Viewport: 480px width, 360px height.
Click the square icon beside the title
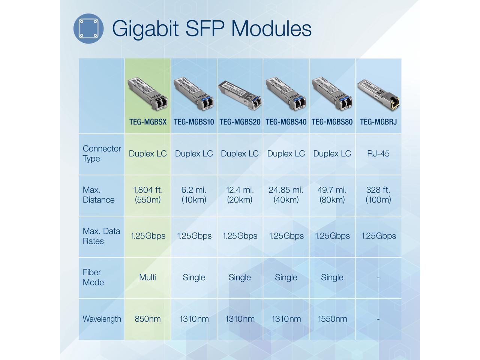88,28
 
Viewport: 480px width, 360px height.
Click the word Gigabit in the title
145,28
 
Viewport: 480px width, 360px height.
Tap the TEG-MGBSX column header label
148,122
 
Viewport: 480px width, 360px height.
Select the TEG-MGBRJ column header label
378,122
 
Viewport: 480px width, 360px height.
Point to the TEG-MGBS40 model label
286,122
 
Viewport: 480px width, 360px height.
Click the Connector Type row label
102,153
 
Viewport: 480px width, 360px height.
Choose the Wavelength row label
102,319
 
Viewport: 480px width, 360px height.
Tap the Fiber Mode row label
93,277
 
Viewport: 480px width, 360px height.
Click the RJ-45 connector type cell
378,154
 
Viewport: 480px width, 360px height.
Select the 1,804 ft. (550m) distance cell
148,195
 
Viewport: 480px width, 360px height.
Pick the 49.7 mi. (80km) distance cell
332,195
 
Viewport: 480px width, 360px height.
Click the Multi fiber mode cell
148,277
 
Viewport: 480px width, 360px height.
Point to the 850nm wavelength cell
148,319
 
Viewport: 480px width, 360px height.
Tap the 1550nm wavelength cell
332,319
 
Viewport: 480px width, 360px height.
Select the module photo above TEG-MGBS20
240,94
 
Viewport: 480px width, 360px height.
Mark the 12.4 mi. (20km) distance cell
240,195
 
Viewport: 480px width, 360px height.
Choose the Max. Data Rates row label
101,236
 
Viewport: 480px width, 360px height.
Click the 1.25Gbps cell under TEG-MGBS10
194,236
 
